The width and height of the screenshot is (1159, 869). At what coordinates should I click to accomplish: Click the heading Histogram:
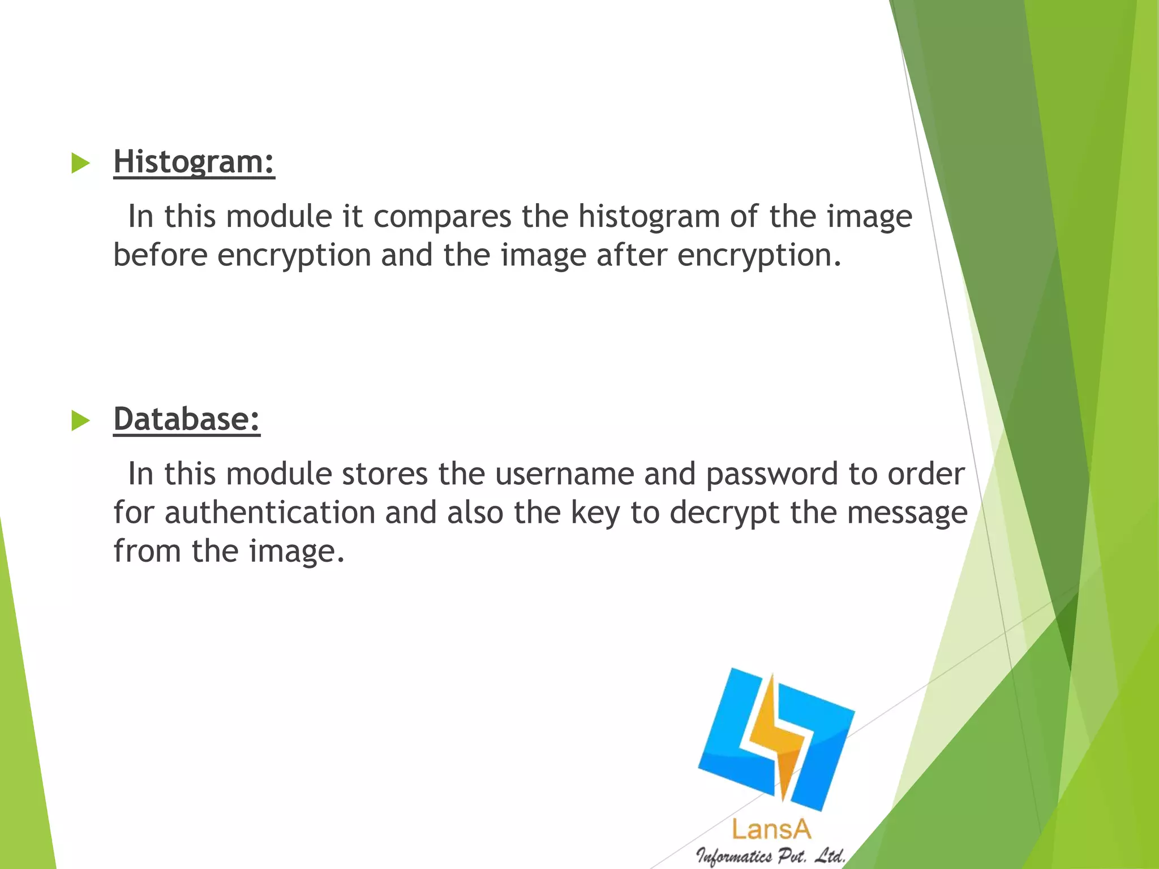194,162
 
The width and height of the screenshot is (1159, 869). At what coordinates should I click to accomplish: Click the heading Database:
187,419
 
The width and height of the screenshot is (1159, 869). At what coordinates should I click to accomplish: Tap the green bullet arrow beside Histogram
81,164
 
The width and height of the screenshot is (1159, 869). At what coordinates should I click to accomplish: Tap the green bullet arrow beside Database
81,420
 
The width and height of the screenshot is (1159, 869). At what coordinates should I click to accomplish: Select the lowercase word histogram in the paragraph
648,217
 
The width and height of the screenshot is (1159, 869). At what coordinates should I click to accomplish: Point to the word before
161,255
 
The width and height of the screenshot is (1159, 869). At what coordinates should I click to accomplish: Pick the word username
564,474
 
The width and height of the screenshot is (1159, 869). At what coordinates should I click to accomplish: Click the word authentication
270,513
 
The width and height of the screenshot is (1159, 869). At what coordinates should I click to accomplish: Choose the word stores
385,474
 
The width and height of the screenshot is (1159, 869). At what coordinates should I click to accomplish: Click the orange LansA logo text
771,830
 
